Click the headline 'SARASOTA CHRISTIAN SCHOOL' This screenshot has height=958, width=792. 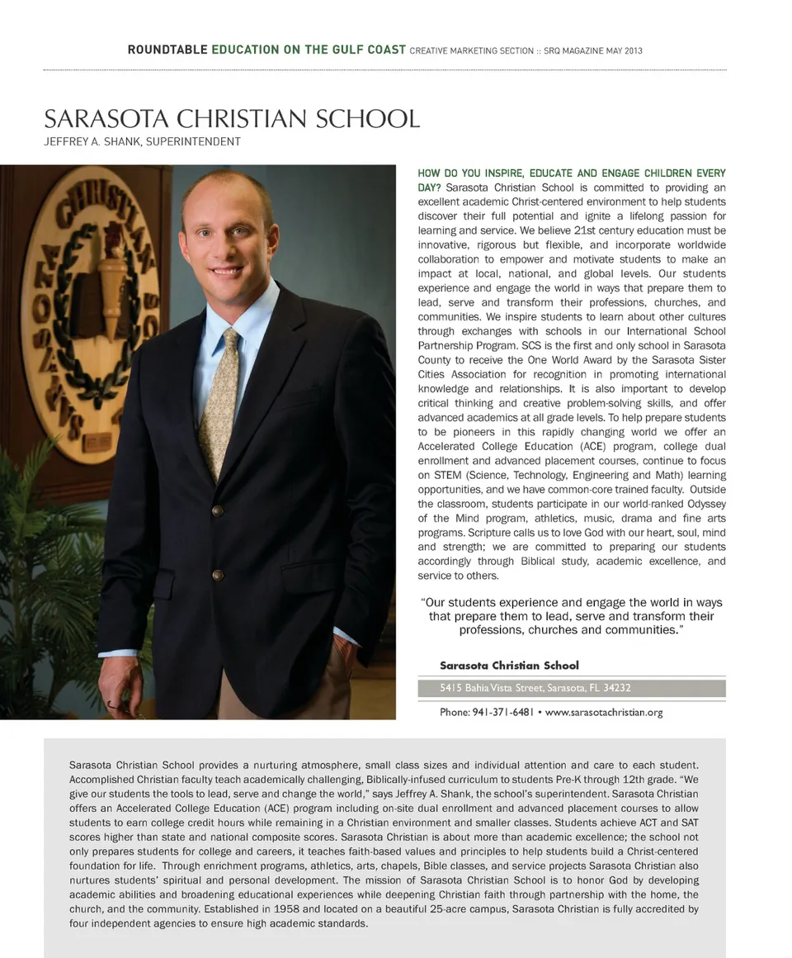point(232,118)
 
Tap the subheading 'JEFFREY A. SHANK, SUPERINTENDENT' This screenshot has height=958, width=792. point(142,142)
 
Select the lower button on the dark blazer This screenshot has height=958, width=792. point(217,575)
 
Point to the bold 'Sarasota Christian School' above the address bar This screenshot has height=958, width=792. point(509,665)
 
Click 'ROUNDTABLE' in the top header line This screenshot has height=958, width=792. point(167,50)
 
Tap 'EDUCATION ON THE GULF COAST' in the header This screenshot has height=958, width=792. point(309,50)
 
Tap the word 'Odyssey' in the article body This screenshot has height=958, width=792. point(705,504)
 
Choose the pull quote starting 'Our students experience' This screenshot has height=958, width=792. point(571,616)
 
